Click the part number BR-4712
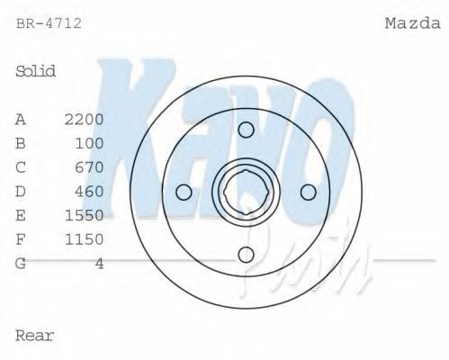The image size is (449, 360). pyautogui.click(x=49, y=23)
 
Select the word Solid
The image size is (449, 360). pyautogui.click(x=36, y=71)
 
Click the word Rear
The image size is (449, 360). pyautogui.click(x=35, y=336)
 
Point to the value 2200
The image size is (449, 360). pyautogui.click(x=85, y=119)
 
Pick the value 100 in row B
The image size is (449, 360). pyautogui.click(x=89, y=143)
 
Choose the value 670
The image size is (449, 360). pyautogui.click(x=89, y=167)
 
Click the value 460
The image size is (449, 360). pyautogui.click(x=89, y=191)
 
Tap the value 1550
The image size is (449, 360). pyautogui.click(x=85, y=215)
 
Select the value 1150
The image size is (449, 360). pyautogui.click(x=85, y=239)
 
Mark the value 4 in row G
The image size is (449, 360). pyautogui.click(x=99, y=263)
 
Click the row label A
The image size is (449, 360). pyautogui.click(x=21, y=119)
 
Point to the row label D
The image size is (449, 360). pyautogui.click(x=21, y=191)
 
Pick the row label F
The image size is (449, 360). pyautogui.click(x=21, y=239)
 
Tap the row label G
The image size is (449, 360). pyautogui.click(x=21, y=263)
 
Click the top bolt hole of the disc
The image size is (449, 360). pyautogui.click(x=246, y=130)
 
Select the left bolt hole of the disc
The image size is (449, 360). pyautogui.click(x=184, y=193)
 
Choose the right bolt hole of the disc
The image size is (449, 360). pyautogui.click(x=308, y=193)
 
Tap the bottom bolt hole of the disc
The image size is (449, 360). pyautogui.click(x=246, y=255)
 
